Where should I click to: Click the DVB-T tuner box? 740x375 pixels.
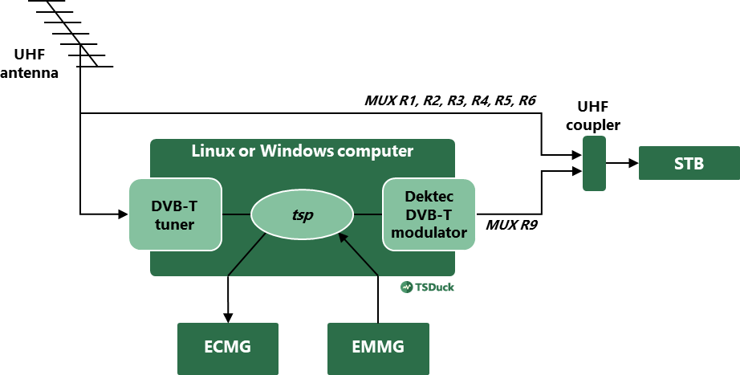point(175,214)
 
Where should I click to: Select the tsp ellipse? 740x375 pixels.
point(302,215)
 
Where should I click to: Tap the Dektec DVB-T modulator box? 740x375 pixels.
point(429,214)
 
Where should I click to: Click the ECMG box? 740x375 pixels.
point(227,348)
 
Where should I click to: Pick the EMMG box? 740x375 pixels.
point(378,348)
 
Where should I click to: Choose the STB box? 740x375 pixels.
point(689,163)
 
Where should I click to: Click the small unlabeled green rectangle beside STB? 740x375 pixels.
point(594,163)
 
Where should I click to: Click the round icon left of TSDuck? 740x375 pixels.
point(407,287)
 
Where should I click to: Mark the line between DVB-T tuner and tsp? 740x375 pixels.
point(237,214)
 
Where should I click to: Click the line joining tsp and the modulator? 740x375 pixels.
point(368,214)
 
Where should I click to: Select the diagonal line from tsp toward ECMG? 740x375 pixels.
point(246,255)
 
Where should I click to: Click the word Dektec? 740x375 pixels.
point(429,197)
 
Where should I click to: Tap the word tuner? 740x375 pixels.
point(175,224)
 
